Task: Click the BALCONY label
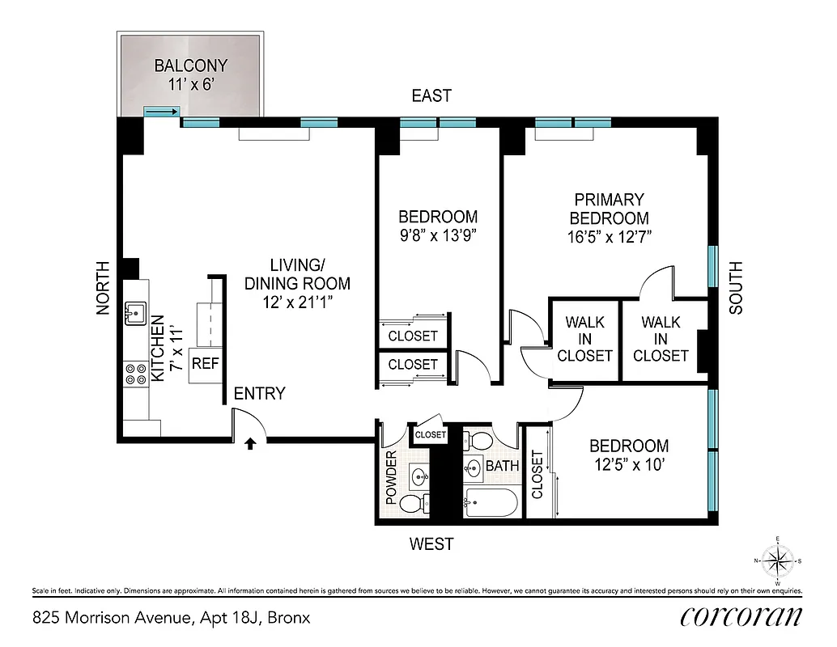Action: [x=190, y=66]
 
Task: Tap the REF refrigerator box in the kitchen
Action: [x=205, y=364]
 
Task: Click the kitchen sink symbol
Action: [x=136, y=311]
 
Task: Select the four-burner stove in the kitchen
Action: [x=135, y=373]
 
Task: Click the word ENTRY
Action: [x=259, y=394]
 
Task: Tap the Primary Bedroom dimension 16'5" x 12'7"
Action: [x=609, y=237]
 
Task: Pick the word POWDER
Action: [x=391, y=478]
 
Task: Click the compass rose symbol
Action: [x=777, y=560]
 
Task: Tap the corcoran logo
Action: [x=741, y=616]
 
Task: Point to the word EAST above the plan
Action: [x=431, y=96]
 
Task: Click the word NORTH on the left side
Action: [x=104, y=288]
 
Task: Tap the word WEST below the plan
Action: [x=431, y=544]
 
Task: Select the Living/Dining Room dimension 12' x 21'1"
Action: [x=298, y=301]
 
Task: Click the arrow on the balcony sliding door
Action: [x=162, y=112]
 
